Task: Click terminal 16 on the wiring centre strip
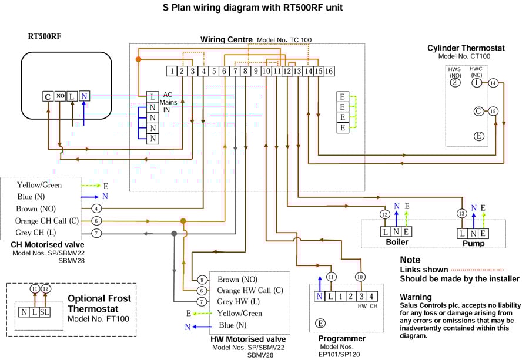tap(329, 71)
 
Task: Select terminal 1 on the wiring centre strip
tap(172, 71)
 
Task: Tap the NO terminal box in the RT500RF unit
tap(60, 96)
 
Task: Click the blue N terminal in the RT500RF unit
tap(84, 96)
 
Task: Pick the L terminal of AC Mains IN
tap(152, 97)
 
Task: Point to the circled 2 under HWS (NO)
tap(455, 83)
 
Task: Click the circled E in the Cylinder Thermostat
tap(479, 136)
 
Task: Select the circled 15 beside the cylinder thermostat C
tap(493, 111)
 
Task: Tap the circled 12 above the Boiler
tap(384, 214)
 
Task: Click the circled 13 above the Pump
tap(461, 213)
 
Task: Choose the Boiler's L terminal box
tap(385, 232)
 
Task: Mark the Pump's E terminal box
tap(483, 234)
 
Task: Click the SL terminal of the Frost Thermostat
tap(45, 312)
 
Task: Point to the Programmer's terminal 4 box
tap(371, 297)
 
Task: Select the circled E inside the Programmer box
tap(320, 323)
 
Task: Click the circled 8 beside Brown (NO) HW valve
tap(202, 280)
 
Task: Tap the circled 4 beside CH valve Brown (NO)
tap(96, 208)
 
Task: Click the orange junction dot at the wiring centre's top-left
tap(138, 59)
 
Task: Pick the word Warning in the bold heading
tap(416, 297)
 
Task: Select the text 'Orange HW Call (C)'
tap(250, 291)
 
